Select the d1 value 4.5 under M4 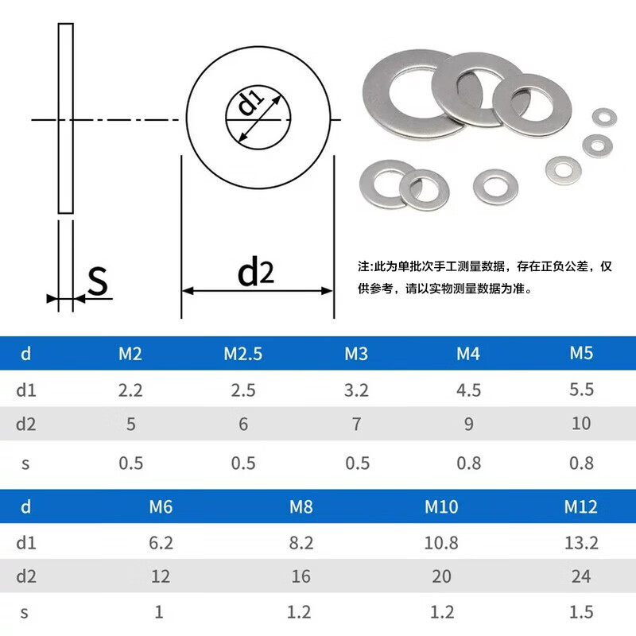click(469, 390)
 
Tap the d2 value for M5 click(581, 424)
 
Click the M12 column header click(581, 506)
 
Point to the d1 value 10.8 click(441, 543)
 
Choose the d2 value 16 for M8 click(301, 576)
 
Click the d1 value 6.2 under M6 click(161, 543)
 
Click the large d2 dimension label click(255, 273)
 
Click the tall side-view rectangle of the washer click(65, 118)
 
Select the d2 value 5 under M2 click(130, 424)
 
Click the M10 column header click(441, 506)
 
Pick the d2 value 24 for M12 click(581, 576)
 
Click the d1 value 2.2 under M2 click(130, 390)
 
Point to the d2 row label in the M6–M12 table click(26, 576)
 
